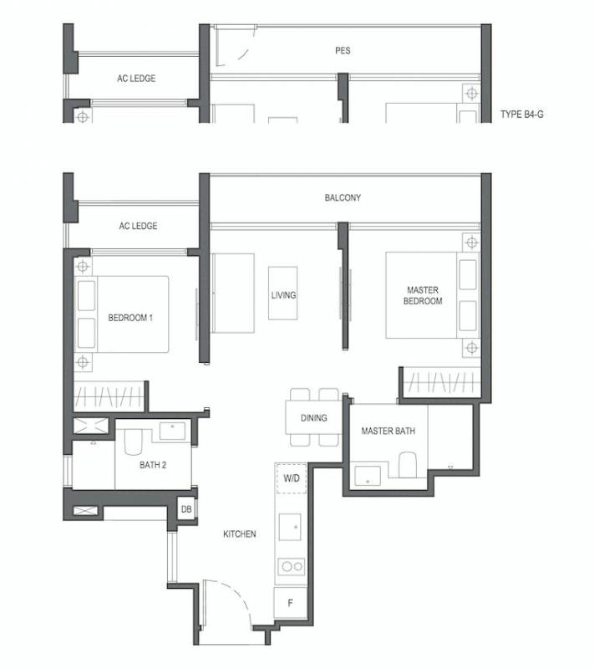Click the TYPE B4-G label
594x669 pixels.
click(x=522, y=115)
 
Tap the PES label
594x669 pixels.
click(x=343, y=51)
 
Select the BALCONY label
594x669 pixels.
click(x=343, y=197)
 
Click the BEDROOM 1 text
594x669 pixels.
click(x=130, y=318)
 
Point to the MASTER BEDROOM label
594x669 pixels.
click(x=423, y=296)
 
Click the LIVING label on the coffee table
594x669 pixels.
click(x=283, y=295)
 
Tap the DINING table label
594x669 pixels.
click(x=314, y=418)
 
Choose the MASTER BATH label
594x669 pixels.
click(x=388, y=431)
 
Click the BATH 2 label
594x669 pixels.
click(x=153, y=465)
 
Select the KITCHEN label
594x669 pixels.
click(x=240, y=534)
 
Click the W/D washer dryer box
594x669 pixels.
click(x=292, y=478)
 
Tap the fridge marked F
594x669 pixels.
click(x=290, y=603)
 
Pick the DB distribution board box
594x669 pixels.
click(x=186, y=509)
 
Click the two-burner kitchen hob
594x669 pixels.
click(x=292, y=567)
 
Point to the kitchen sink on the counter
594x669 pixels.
click(x=290, y=527)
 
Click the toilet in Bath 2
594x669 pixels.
click(x=133, y=442)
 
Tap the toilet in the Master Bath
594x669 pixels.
click(x=408, y=465)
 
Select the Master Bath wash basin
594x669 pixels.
click(x=368, y=476)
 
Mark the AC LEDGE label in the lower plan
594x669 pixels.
click(x=138, y=226)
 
